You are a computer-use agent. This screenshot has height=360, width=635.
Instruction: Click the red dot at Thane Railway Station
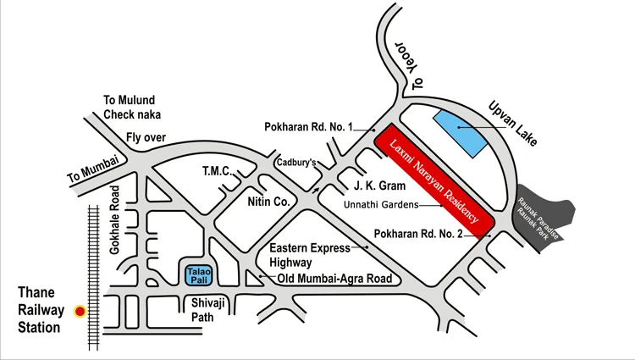click(80, 312)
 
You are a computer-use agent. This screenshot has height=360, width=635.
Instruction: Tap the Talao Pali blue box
click(199, 274)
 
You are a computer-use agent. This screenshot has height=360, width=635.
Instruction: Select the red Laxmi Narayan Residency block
click(434, 181)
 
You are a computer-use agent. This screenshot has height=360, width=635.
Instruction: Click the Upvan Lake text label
click(513, 124)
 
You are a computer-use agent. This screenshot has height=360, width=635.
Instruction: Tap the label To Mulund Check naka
click(131, 107)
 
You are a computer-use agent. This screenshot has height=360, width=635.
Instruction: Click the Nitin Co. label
click(269, 202)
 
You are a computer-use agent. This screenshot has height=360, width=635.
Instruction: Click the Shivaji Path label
click(204, 311)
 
